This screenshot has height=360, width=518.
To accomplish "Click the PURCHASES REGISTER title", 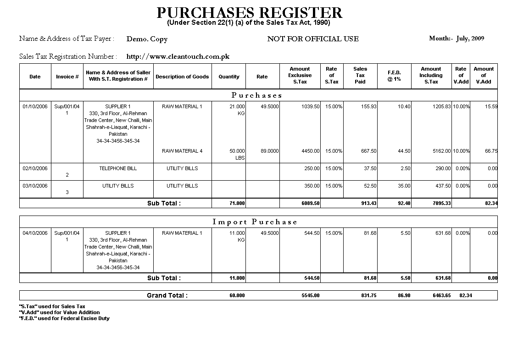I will tap(249, 12).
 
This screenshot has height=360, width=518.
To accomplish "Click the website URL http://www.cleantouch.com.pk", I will tap(178, 56).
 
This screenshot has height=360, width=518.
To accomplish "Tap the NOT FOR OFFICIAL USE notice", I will tap(313, 39).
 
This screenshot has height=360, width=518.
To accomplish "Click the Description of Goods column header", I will tap(182, 77).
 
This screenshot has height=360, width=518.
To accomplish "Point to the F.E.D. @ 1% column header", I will tap(394, 76).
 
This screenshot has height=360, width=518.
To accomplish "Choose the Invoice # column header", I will tap(67, 77).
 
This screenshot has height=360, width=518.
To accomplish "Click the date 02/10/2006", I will tap(35, 168).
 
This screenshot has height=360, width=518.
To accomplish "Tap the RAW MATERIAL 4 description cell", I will tap(182, 151).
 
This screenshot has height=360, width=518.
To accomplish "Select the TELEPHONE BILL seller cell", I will tap(118, 168).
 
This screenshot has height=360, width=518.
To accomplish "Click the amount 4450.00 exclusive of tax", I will tap(311, 151).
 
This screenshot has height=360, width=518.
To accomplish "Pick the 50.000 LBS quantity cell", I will tap(237, 154).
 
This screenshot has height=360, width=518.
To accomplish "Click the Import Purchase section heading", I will tap(255, 222).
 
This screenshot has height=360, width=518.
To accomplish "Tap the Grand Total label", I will tap(167, 295).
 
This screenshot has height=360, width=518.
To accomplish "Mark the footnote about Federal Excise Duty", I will tap(64, 318).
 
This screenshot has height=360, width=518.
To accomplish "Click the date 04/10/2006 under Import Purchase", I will tap(35, 233).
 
